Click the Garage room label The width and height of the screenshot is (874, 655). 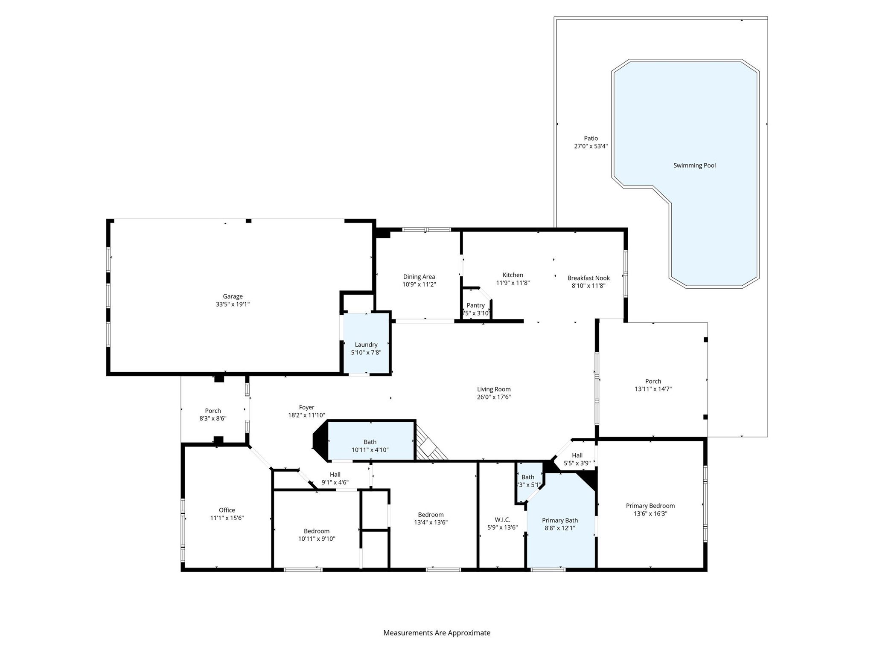(233, 296)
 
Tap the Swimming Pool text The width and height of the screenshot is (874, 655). (694, 165)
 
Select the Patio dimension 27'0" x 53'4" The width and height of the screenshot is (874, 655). (591, 146)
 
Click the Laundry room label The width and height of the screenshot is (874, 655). (366, 345)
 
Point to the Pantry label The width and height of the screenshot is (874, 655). (475, 305)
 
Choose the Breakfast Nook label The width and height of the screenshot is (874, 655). (588, 278)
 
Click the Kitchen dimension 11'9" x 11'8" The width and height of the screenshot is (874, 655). (513, 283)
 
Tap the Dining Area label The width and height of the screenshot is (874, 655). (419, 277)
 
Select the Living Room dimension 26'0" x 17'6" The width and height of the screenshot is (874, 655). (494, 397)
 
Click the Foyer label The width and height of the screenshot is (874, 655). (306, 407)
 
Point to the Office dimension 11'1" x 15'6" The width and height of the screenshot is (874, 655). (227, 518)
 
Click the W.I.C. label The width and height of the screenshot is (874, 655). (502, 519)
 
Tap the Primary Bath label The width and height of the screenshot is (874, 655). (560, 520)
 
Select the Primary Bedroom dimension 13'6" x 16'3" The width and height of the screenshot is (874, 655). (650, 513)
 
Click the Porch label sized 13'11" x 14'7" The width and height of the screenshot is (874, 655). (653, 381)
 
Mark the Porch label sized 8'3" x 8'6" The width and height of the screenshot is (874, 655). (213, 411)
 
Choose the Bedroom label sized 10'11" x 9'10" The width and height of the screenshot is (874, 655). (317, 531)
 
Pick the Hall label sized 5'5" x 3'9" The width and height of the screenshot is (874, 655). (577, 455)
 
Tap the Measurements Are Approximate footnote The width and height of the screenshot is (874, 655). (437, 633)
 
